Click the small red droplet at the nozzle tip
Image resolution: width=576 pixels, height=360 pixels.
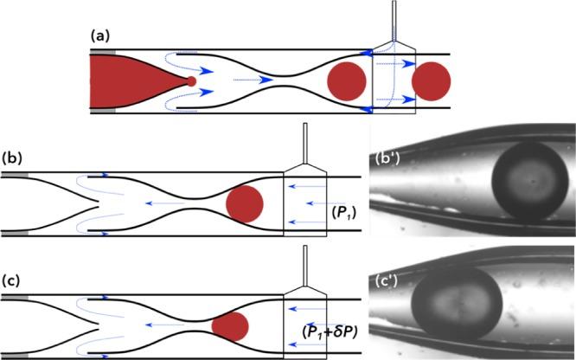tap(192, 81)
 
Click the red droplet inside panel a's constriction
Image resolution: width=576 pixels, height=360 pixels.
tap(346, 80)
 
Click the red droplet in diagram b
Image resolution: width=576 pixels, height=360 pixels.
tap(244, 202)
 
